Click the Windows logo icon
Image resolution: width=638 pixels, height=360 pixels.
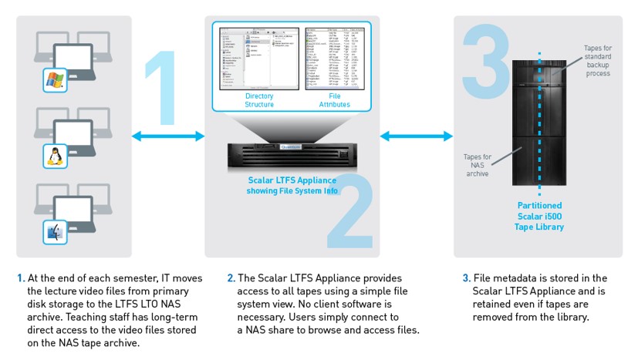tap(53, 79)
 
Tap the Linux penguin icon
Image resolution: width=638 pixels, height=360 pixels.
tap(53, 156)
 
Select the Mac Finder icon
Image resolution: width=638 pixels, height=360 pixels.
tap(53, 231)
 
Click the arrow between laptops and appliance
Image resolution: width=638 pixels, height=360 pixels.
tap(168, 136)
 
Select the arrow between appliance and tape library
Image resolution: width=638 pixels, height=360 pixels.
tap(417, 136)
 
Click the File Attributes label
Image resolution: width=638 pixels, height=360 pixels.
tap(334, 100)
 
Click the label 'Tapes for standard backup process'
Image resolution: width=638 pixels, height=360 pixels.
tap(598, 61)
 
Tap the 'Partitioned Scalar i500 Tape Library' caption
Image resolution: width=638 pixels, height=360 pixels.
tap(539, 216)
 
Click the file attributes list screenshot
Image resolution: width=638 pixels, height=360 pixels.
tap(334, 59)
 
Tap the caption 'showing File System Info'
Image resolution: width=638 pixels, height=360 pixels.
tap(292, 190)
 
